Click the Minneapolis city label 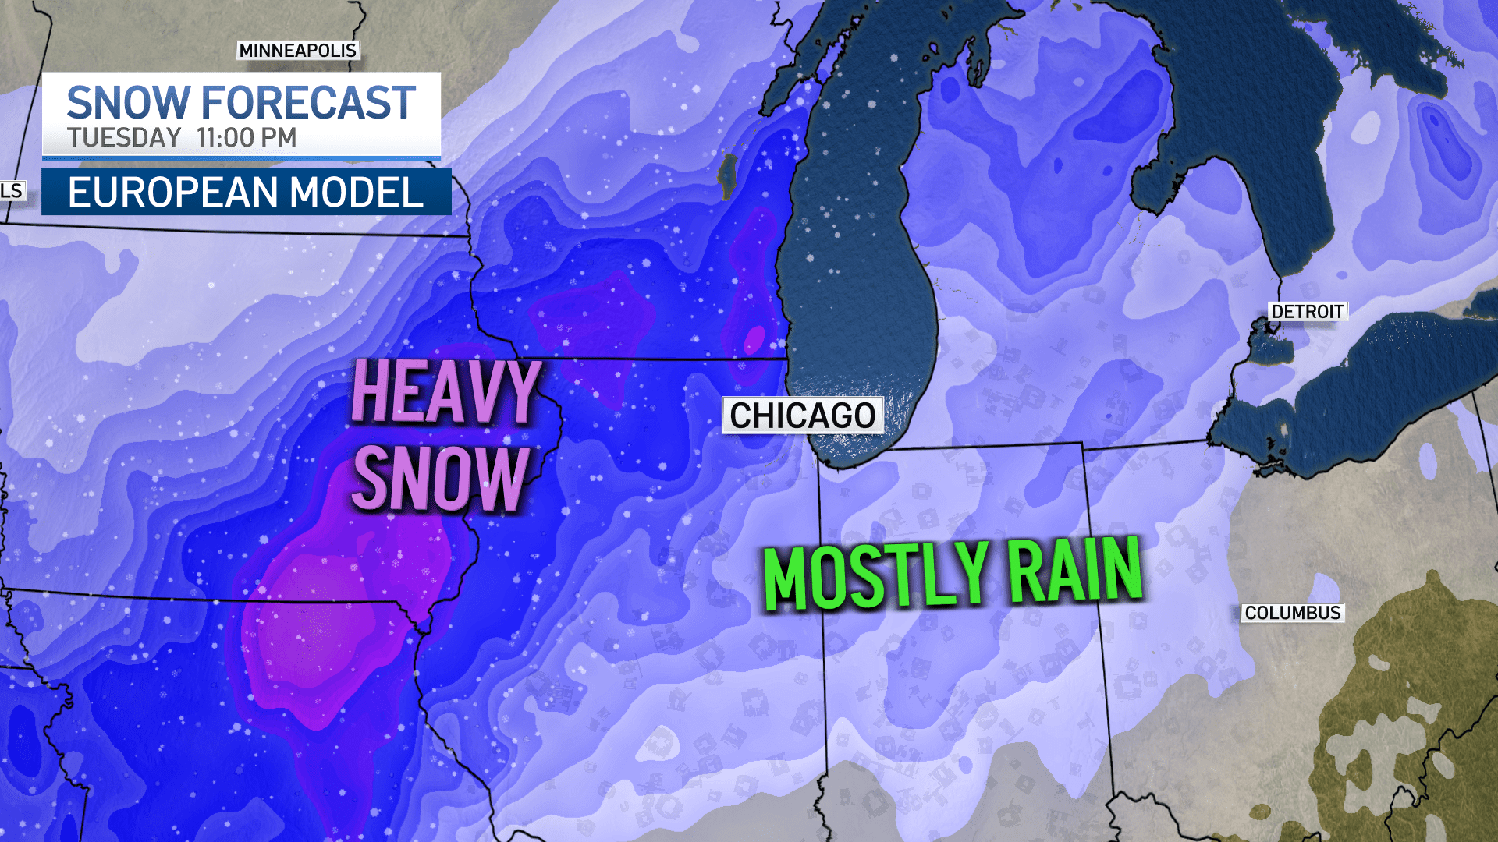297,51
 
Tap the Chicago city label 802,416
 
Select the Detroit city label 1308,312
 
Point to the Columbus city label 1292,613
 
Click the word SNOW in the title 128,103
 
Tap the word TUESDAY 124,138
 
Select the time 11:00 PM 247,138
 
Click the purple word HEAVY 445,392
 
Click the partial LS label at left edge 12,191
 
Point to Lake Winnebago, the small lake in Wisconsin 728,175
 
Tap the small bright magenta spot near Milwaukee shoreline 754,340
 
